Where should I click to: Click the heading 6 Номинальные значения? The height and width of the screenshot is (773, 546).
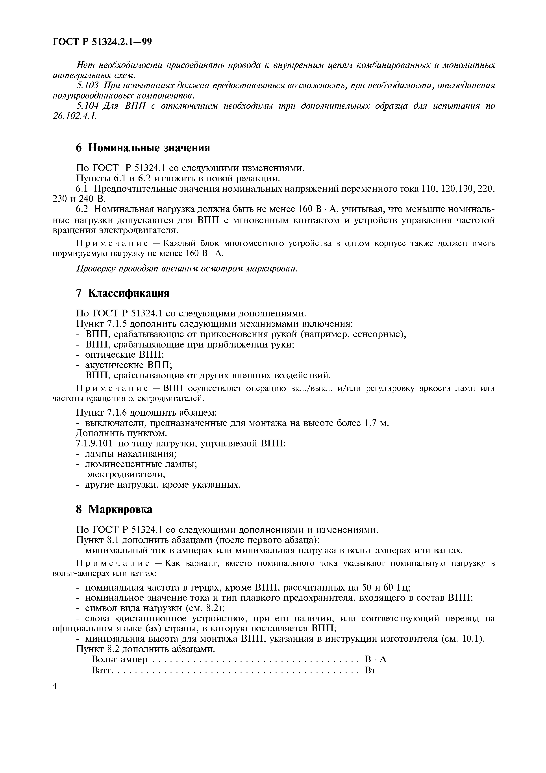(x=143, y=148)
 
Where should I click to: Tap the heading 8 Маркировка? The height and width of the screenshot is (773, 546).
(x=114, y=509)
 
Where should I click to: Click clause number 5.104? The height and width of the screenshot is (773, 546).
(x=87, y=106)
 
